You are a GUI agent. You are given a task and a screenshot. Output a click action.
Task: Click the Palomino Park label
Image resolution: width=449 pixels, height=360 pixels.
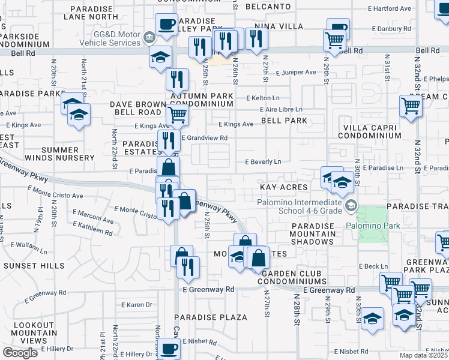pos(368,226)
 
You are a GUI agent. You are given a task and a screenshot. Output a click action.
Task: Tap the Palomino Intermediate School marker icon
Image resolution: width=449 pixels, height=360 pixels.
pos(351,206)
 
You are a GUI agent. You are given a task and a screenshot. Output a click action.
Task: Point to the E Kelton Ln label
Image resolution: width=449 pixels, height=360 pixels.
pos(263,98)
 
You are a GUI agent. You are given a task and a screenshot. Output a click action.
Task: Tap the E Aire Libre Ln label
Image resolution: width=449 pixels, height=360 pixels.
pos(281,109)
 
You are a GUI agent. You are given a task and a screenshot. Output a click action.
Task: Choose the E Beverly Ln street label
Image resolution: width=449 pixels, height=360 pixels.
pos(264,162)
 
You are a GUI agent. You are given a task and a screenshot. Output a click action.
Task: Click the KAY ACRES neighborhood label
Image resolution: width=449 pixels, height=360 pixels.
pos(283,188)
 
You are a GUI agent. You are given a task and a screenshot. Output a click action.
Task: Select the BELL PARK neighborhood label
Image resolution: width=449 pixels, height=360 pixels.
pos(284,121)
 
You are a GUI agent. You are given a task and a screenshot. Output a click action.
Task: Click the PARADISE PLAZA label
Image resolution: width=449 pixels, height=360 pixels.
pos(211,317)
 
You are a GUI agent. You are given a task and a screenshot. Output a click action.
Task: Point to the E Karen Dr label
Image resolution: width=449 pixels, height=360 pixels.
pos(136,305)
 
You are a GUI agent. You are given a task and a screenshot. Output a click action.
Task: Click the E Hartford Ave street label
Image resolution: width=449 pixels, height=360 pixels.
pos(391,9)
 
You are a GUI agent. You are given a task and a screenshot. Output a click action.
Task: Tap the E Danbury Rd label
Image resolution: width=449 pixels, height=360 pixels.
pos(391,29)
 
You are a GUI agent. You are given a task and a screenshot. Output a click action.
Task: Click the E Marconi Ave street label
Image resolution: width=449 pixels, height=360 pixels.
pos(93,216)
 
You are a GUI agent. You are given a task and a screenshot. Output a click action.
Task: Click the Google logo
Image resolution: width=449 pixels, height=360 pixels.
pos(20,353)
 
